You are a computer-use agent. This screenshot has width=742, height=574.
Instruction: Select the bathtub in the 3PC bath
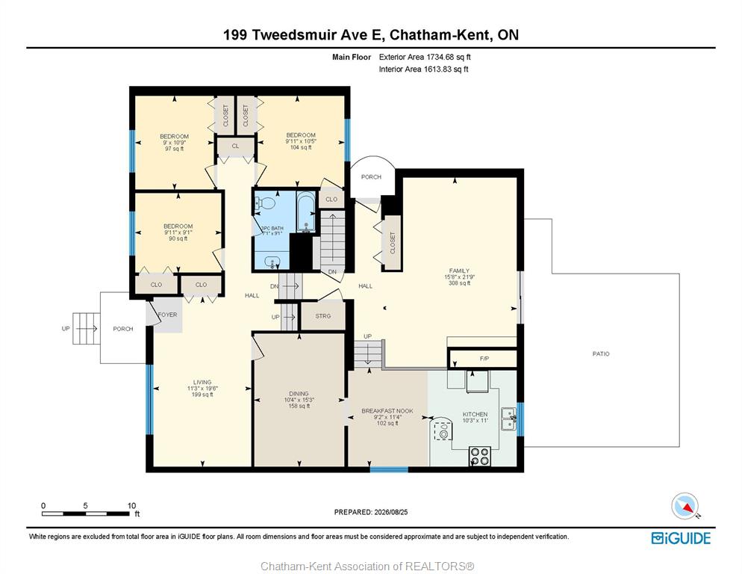click(306, 212)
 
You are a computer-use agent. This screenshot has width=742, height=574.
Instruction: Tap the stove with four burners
click(479, 456)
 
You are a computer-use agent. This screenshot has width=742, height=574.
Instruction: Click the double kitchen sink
click(509, 419)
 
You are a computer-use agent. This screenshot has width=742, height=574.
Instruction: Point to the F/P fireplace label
click(484, 359)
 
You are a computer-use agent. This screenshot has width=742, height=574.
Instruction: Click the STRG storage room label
click(323, 315)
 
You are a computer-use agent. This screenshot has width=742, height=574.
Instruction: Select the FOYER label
click(167, 315)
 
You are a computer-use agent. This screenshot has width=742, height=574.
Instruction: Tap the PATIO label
click(601, 354)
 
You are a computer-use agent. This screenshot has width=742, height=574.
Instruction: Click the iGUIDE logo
click(681, 538)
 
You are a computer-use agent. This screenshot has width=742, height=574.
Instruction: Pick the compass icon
click(685, 506)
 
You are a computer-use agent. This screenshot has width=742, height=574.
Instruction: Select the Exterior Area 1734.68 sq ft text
click(425, 57)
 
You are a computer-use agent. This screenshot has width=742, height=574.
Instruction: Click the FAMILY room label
click(459, 271)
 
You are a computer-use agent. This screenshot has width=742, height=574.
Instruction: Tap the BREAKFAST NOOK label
click(387, 411)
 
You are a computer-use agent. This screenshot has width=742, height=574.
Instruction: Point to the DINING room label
click(299, 393)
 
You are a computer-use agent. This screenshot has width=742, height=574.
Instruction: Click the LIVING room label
click(202, 382)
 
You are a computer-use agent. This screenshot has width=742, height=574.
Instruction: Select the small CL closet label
click(236, 146)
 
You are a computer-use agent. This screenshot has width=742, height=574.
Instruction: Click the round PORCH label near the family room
click(371, 177)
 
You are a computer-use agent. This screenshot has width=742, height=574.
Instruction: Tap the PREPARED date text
click(371, 512)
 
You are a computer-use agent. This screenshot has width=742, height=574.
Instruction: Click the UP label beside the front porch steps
click(66, 328)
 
